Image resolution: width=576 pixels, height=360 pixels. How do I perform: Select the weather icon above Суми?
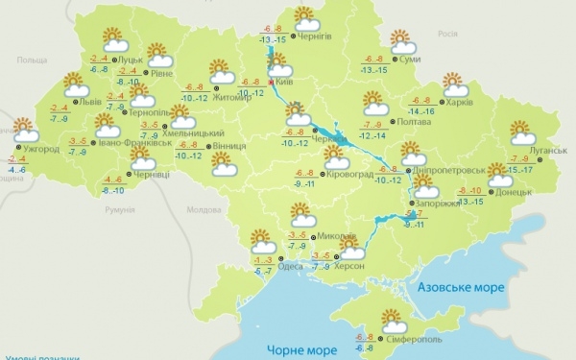click(x=403, y=41)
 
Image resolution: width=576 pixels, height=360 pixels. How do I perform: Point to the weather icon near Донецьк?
click(x=498, y=175)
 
